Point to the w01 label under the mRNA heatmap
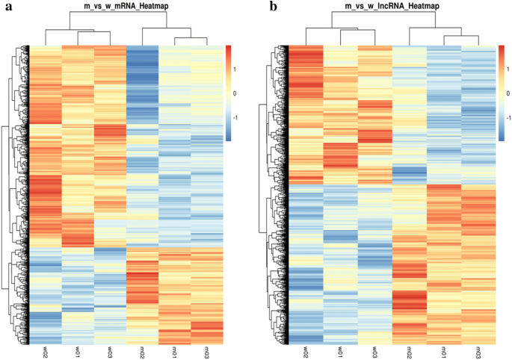pos(78,351)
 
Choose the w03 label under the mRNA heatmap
pos(110,351)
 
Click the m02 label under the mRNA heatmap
pos(143,351)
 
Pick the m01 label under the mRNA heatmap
pos(175,351)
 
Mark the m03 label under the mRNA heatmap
pos(207,351)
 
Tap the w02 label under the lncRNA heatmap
pos(306,351)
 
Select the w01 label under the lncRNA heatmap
pos(341,351)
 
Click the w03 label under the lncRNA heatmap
pos(375,351)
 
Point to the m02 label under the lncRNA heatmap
pos(410,351)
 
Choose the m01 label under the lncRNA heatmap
pos(444,351)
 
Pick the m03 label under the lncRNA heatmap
pos(478,351)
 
